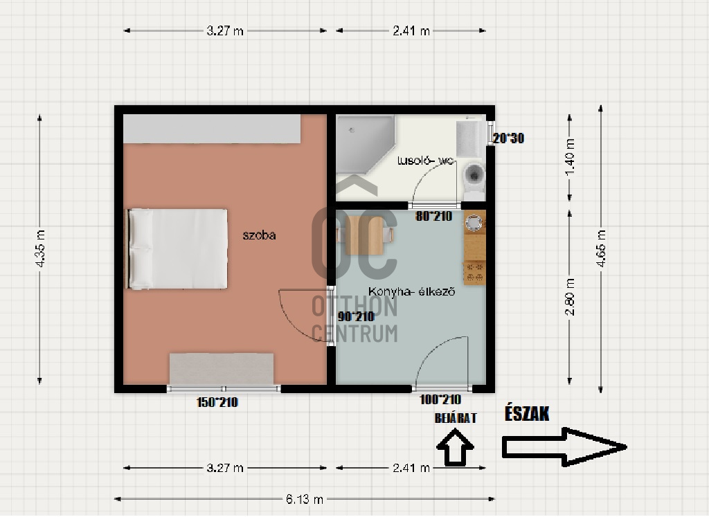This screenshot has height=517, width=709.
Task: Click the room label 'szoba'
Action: pos(259,235)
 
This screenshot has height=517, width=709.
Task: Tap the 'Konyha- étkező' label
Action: pos(411,291)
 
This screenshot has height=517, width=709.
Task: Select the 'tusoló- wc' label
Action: pos(425,161)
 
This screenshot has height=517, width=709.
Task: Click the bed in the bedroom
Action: pos(177,248)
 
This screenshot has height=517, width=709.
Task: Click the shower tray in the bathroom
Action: pos(365,144)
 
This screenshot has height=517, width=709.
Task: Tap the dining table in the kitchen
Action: pos(364,236)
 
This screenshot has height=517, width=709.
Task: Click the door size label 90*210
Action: pos(356,317)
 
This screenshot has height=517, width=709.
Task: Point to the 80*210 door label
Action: pos(433,217)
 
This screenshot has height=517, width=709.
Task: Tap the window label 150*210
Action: pos(217,402)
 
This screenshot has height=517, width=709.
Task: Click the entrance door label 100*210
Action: pos(440,399)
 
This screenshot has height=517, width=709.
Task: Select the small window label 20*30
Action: pos(509,138)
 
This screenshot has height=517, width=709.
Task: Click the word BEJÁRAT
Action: pos(456,418)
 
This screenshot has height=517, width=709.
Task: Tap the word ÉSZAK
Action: pos(527,414)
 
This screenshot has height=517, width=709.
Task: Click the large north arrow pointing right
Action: pos(564,447)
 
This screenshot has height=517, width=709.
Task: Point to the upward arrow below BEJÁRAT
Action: pos(455,447)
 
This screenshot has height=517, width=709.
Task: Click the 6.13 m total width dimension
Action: pos(305,499)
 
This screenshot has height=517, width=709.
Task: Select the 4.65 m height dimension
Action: pos(601,248)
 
